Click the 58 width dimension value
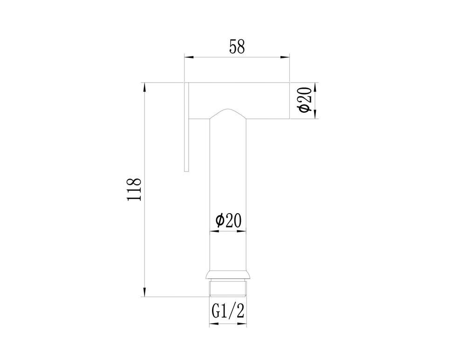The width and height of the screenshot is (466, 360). tap(237, 47)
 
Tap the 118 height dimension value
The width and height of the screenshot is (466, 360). tap(134, 189)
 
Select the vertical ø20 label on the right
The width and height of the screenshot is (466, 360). tap(305, 100)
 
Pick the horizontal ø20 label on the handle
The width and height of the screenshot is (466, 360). tap(228, 221)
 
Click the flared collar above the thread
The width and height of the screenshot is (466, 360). tap(228, 275)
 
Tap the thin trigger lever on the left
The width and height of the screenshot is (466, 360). tap(187, 127)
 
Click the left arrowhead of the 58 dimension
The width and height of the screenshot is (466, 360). tap(189, 57)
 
